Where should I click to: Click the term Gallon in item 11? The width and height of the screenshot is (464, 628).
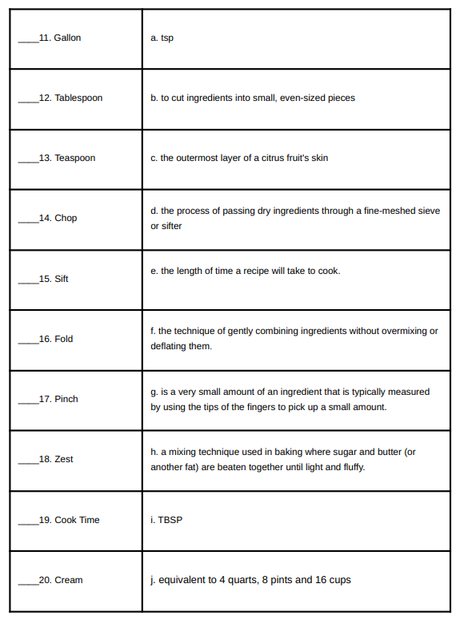click(x=67, y=38)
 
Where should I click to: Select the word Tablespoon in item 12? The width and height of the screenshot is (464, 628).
click(x=78, y=98)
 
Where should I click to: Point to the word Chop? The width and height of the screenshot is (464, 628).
click(x=66, y=218)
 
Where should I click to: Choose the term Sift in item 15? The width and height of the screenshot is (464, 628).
click(x=62, y=279)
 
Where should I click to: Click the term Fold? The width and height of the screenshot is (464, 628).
click(x=63, y=339)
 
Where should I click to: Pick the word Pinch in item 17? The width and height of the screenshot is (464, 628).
click(x=66, y=399)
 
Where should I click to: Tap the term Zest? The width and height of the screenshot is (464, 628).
click(x=64, y=459)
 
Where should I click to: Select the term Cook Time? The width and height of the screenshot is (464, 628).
click(x=77, y=520)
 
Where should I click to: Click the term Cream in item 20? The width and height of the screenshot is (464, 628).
click(x=69, y=580)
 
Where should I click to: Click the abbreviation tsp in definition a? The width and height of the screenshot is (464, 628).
click(x=166, y=38)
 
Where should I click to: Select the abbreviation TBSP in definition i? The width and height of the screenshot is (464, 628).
click(x=171, y=520)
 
